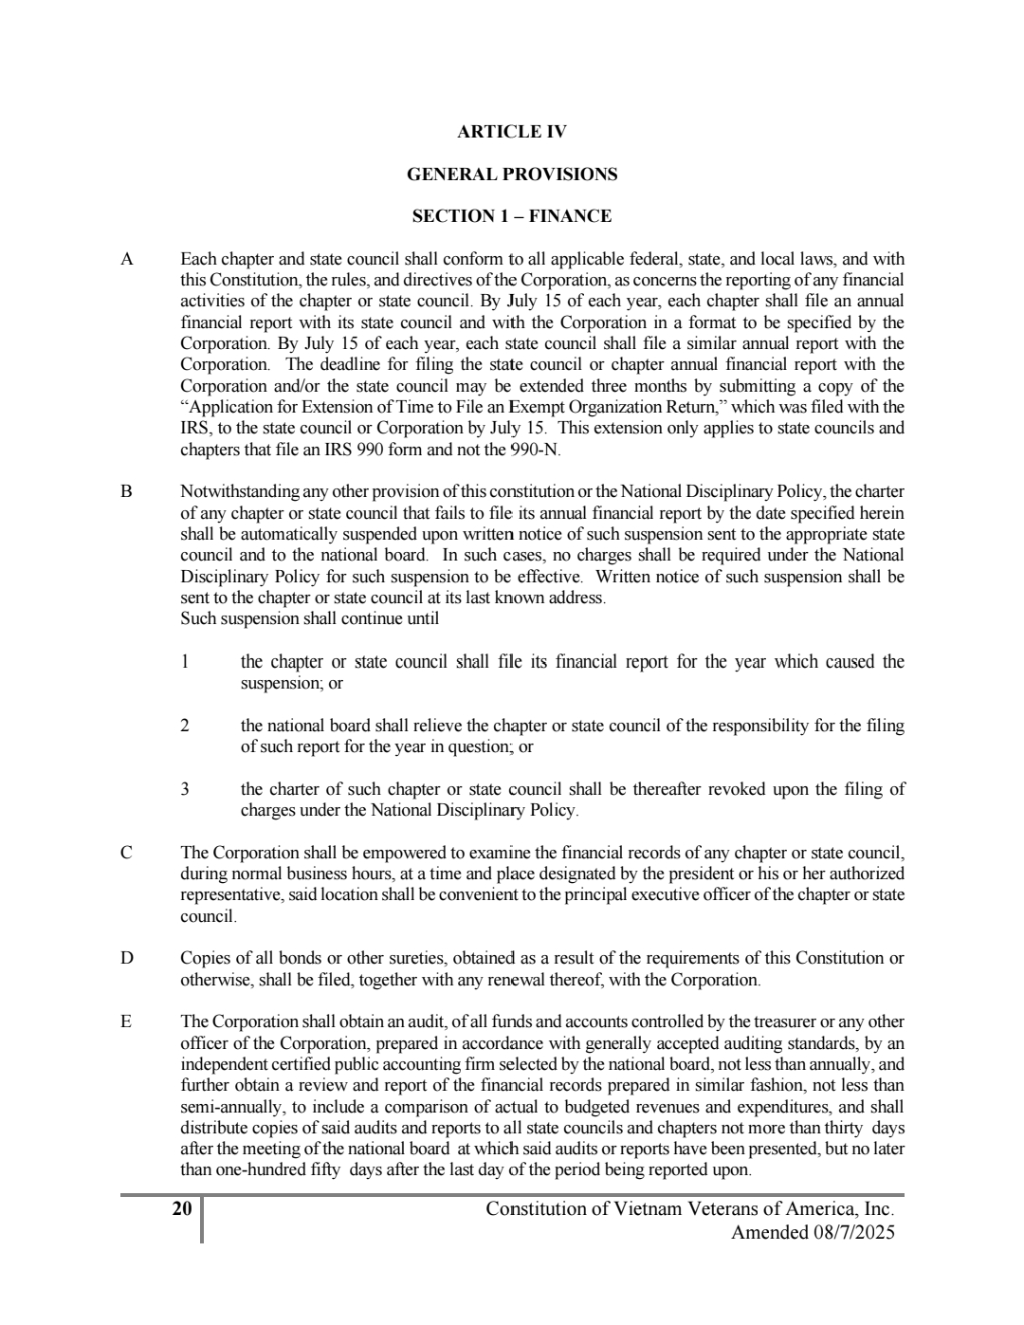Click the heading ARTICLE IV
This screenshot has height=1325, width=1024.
[511, 132]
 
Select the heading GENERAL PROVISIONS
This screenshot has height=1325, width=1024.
[511, 175]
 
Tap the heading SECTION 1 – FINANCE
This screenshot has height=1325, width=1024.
[511, 216]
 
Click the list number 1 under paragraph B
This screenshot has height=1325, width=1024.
[185, 662]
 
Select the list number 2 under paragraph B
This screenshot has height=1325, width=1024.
[185, 726]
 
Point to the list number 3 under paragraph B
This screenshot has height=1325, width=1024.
[185, 789]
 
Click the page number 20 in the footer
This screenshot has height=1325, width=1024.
[182, 1209]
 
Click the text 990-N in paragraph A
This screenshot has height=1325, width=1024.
[534, 450]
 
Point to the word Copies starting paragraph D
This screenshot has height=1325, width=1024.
[204, 958]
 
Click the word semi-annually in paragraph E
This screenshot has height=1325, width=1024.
[227, 1107]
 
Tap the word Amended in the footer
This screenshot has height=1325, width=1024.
[766, 1233]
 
